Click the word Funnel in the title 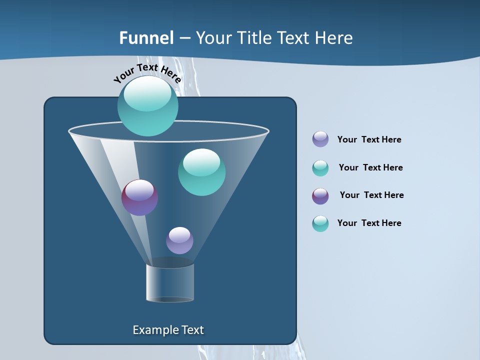pyautogui.click(x=146, y=38)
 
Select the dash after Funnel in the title pyautogui.click(x=185, y=38)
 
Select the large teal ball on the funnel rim pyautogui.click(x=147, y=106)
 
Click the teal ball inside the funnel pyautogui.click(x=201, y=172)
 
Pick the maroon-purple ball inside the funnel pyautogui.click(x=139, y=197)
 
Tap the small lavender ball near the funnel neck pyautogui.click(x=179, y=240)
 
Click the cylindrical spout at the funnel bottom pyautogui.click(x=170, y=283)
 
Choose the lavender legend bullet pyautogui.click(x=320, y=139)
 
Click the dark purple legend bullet pyautogui.click(x=320, y=196)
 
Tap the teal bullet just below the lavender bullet pyautogui.click(x=320, y=168)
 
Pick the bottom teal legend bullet pyautogui.click(x=320, y=223)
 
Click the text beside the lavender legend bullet pyautogui.click(x=369, y=140)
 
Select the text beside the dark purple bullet pyautogui.click(x=371, y=195)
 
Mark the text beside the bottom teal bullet pyautogui.click(x=369, y=223)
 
